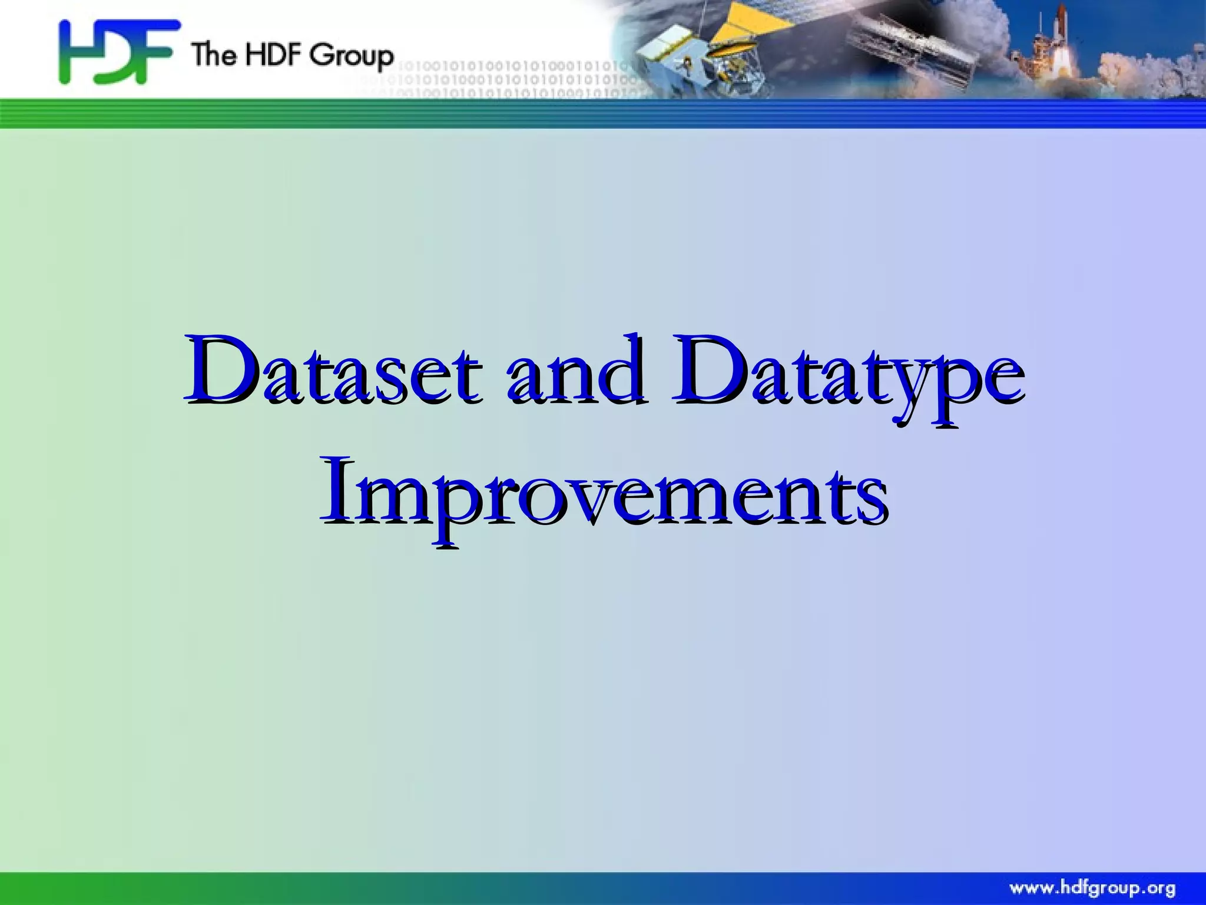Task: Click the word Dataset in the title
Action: (333, 371)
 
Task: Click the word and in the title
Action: (576, 371)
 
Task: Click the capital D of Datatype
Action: (710, 368)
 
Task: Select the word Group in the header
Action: (351, 57)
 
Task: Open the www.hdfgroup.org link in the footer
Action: (1092, 888)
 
